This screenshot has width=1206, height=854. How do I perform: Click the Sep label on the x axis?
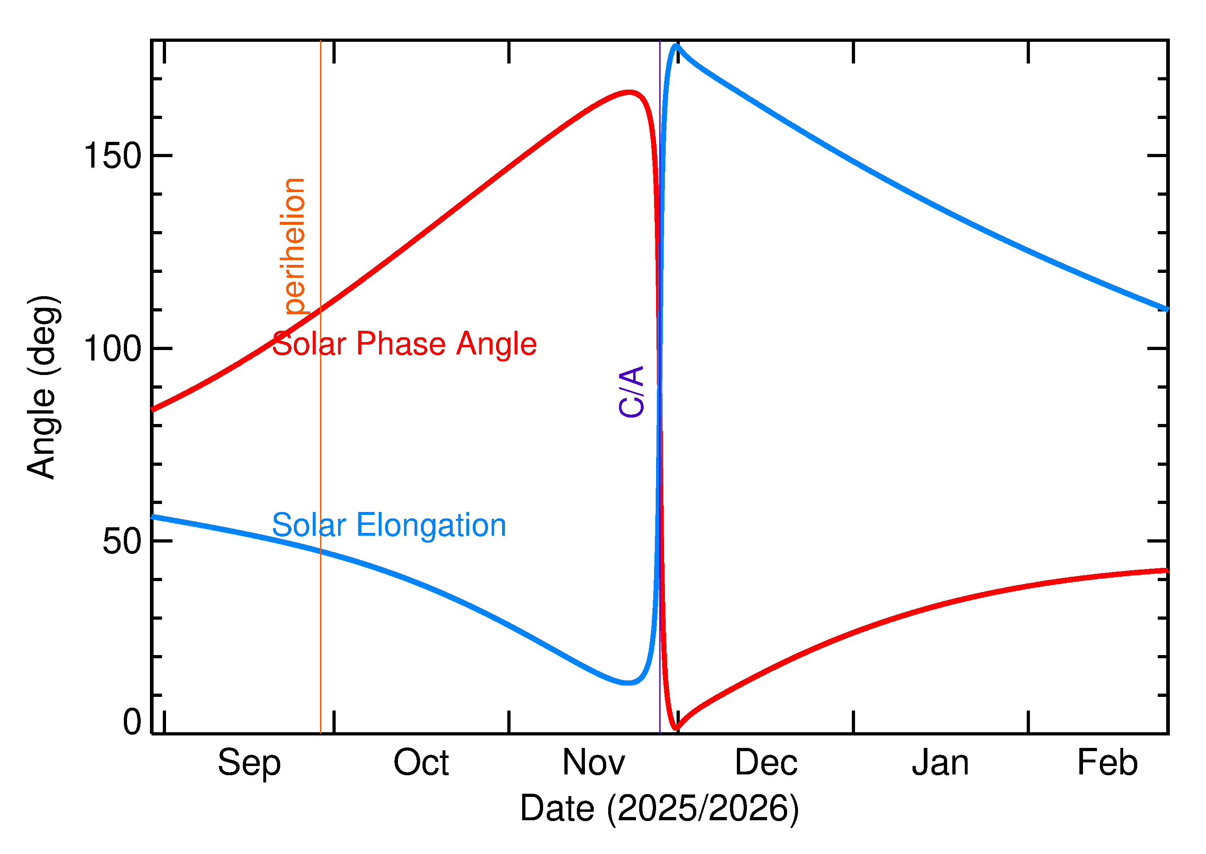tap(249, 763)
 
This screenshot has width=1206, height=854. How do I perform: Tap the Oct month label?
tap(421, 763)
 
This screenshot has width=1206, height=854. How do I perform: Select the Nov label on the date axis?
tap(593, 763)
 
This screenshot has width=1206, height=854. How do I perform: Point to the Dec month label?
tap(766, 763)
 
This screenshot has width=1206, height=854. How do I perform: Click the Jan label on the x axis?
tap(940, 763)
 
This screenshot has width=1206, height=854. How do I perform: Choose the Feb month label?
tap(1107, 763)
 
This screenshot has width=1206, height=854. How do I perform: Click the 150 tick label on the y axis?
tap(113, 156)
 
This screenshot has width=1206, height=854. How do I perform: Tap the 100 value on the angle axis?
tap(113, 349)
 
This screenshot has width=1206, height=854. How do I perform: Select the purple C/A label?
tap(632, 392)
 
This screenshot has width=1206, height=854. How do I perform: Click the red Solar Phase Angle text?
tap(404, 344)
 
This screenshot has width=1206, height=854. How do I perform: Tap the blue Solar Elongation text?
tap(389, 525)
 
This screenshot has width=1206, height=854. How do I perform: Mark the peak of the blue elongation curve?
tap(676, 46)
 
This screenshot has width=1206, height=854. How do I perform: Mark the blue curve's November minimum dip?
tap(628, 683)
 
